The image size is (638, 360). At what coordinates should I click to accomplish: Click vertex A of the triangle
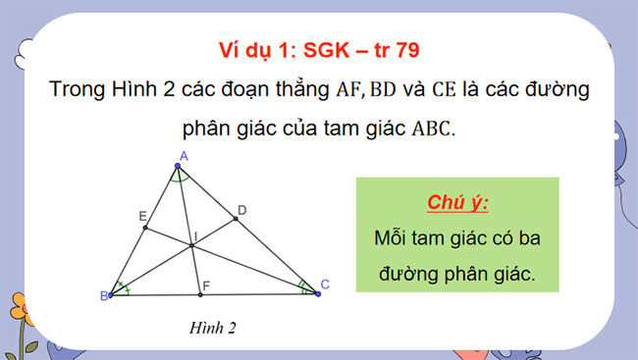point(178,166)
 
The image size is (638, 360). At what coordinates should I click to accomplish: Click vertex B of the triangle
point(110,294)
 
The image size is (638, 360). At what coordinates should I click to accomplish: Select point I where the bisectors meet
point(192,246)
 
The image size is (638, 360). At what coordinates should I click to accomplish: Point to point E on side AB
point(145,228)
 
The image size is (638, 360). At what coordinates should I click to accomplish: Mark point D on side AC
point(236,220)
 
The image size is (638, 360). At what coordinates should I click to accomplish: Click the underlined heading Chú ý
point(456,203)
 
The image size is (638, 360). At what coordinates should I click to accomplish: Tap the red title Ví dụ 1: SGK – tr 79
point(319,49)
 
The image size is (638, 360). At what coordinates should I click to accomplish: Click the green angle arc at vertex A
point(178,178)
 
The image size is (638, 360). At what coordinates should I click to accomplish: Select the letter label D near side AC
point(242,210)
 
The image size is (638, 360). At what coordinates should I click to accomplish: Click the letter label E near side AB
point(142,217)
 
